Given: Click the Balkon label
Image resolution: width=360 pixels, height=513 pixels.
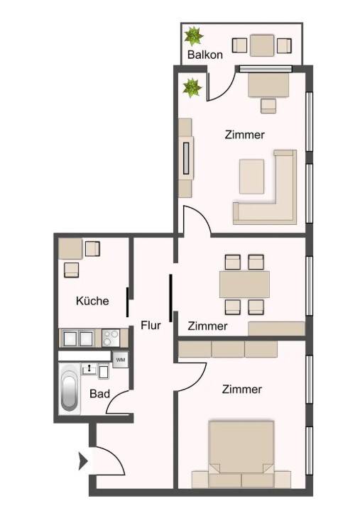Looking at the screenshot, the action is [x=205, y=55].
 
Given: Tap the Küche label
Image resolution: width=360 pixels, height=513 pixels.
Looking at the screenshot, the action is [x=92, y=301].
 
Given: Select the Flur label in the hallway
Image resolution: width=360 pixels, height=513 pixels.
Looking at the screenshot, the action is [x=151, y=325].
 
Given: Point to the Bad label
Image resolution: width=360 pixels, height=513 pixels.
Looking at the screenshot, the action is [x=99, y=394].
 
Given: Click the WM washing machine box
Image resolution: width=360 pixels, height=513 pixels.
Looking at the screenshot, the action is [x=121, y=360].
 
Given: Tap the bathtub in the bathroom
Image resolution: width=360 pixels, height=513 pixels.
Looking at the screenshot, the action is [x=70, y=388].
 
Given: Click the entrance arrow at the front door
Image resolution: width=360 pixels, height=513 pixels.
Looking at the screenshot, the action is [x=83, y=462].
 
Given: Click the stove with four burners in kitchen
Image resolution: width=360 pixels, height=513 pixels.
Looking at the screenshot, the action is [x=111, y=338].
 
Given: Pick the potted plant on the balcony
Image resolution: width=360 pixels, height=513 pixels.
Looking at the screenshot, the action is [x=193, y=36].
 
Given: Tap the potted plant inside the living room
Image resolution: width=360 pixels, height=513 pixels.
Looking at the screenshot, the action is [x=192, y=88].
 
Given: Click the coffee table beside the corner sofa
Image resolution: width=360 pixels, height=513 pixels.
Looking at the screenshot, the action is [x=251, y=177].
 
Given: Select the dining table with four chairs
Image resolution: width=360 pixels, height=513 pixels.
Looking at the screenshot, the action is [x=244, y=285].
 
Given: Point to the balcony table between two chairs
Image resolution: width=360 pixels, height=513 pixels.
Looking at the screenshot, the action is [x=262, y=45].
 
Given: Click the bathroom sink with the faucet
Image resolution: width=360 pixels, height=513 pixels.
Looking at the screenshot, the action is [x=89, y=370].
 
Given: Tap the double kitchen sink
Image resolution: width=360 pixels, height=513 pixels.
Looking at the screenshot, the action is [x=78, y=338].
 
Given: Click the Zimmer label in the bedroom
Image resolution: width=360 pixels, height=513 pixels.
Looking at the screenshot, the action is [x=242, y=390].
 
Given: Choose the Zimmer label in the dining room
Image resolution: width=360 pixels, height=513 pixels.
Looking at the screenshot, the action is [x=207, y=326].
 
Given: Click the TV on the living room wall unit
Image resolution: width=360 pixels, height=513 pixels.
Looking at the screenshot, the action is [x=186, y=158].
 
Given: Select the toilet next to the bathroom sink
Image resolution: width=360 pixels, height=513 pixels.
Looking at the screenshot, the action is [x=104, y=371].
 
